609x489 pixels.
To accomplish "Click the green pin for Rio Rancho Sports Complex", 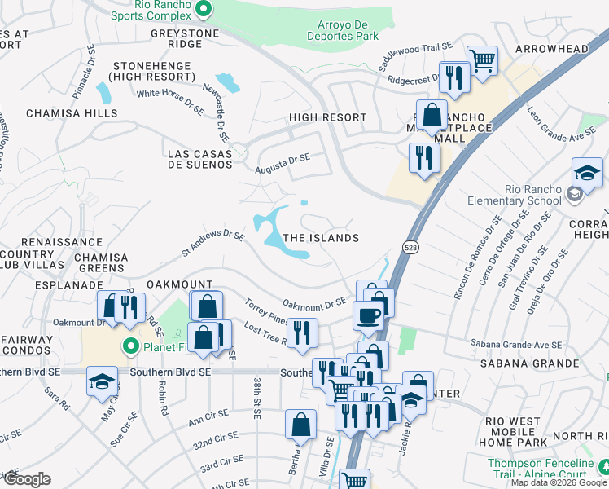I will (204, 10).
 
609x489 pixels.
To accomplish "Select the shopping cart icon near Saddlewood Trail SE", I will (482, 59).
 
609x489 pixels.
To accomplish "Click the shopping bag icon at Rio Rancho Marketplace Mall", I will (432, 115).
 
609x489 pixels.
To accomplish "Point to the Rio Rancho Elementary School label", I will (514, 195).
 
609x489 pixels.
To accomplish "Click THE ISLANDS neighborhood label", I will (321, 238).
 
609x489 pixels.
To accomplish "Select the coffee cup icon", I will (368, 315).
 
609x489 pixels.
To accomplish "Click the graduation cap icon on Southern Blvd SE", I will (103, 382).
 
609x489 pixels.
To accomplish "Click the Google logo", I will (26, 480).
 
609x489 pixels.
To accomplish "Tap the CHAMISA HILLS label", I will (72, 113).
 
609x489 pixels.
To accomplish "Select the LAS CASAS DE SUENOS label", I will (199, 159).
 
